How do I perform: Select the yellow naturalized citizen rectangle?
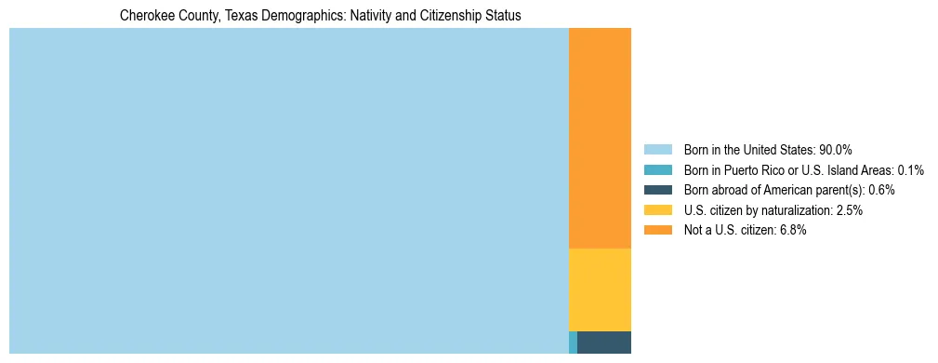600,289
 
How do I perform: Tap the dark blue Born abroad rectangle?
604,342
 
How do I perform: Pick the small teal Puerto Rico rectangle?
573,342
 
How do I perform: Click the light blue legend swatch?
657,150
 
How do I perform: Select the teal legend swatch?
657,170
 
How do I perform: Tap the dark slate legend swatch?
657,190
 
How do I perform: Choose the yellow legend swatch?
657,210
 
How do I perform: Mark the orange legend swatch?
657,230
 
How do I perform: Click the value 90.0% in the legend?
836,150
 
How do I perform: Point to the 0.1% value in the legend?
911,170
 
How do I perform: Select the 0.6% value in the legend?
881,190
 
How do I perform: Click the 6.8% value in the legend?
793,230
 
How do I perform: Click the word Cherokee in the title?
146,16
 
